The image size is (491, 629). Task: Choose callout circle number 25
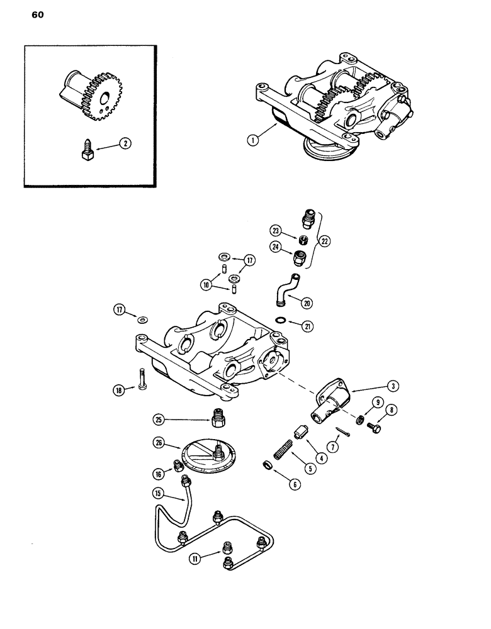click(161, 419)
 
